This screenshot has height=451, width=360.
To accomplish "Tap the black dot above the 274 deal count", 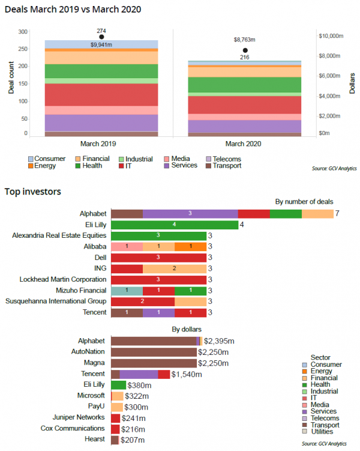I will coord(101,37).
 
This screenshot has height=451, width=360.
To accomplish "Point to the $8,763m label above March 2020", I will coord(245,40).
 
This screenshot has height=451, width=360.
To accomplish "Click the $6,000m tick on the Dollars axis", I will coord(331,76).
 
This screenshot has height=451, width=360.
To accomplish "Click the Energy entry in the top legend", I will coord(45,166).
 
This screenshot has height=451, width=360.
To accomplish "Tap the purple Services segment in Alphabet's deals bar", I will coord(190,214).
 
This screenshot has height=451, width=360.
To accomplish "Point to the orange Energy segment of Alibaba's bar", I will coord(190,246).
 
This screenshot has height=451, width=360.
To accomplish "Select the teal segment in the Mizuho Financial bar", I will coord(127,290).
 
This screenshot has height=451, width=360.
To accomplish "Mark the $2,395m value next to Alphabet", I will coord(220,341).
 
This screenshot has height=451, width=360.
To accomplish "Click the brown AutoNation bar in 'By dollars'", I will coord(154,352).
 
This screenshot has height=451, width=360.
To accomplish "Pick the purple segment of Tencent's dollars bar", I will coord(139,374).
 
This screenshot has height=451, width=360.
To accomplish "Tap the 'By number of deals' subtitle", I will coord(304,202).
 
